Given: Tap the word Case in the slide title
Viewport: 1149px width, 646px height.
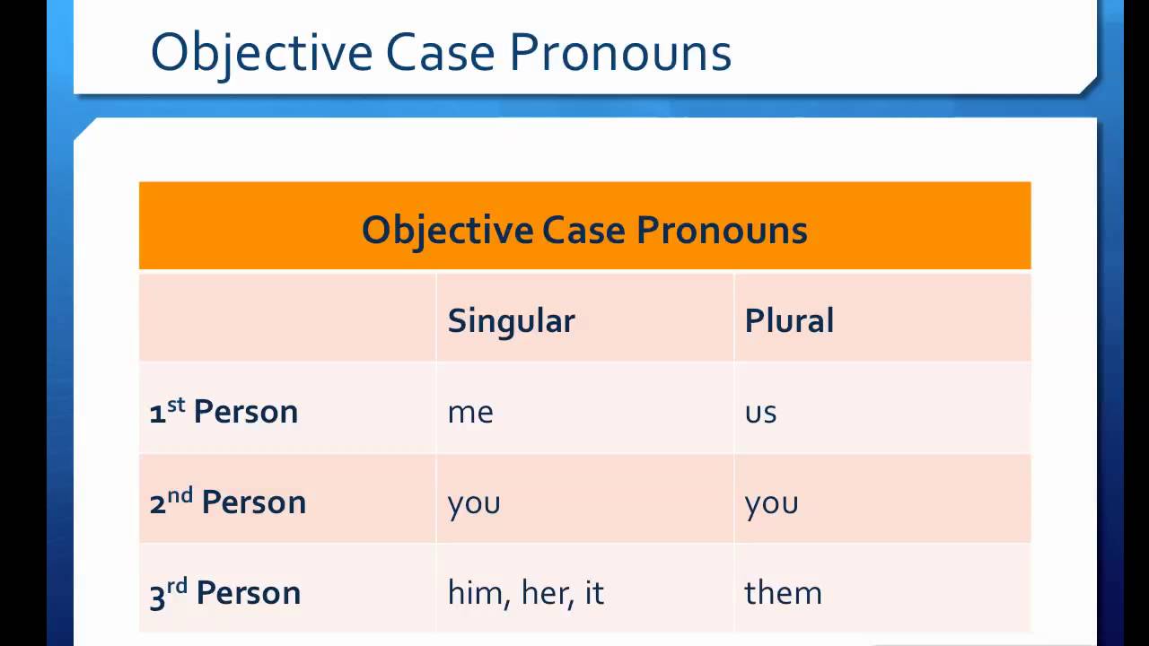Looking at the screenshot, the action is coord(440,52).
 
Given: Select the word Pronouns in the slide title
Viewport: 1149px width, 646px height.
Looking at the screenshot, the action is coord(620,52).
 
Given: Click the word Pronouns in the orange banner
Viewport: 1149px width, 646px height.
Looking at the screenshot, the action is coord(723,231).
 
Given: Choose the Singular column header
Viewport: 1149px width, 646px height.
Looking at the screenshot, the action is coord(512,322).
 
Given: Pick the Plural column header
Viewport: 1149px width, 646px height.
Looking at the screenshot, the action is coord(789,320).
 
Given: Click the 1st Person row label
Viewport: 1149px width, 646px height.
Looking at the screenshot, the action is coord(224,411).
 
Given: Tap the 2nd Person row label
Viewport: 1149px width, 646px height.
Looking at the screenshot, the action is coord(228,501).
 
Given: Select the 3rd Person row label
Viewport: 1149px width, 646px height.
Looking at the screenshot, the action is coord(225,593).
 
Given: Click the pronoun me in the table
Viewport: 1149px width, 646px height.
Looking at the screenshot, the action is coord(470,413).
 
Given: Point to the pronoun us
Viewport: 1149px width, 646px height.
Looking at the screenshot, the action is coord(760,413).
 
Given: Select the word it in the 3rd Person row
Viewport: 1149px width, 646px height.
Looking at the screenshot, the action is coord(594,592).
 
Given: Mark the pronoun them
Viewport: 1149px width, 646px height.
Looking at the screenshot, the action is coord(784,592).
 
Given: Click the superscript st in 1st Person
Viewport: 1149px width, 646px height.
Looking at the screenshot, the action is coord(176,405).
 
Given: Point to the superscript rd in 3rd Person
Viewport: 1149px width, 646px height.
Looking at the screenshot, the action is coord(177,586).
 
